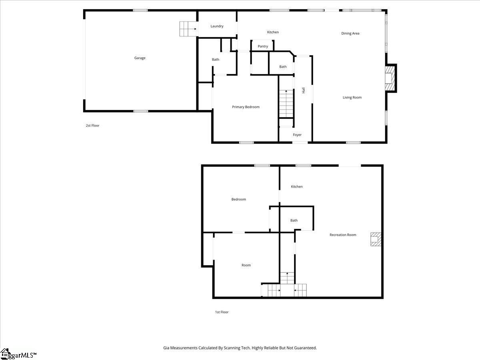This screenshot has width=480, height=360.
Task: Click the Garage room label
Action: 140,58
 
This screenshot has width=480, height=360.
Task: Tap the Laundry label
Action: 217,26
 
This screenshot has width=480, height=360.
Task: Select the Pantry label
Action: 263,46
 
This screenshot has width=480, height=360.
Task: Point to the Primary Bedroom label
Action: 246,107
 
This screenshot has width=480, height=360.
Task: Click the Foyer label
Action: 297,135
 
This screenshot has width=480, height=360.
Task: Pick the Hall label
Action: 304,90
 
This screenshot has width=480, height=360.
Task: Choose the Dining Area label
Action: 350,34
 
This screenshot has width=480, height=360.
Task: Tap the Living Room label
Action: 352,98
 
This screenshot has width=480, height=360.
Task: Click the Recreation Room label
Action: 343,235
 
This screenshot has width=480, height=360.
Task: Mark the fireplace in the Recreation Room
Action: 375,239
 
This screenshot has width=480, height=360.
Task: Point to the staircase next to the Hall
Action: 286,104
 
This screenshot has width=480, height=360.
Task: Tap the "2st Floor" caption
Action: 92,126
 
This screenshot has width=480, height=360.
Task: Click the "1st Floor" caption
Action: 222,312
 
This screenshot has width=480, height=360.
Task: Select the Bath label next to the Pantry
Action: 283,67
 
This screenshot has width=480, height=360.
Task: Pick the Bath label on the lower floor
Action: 294,220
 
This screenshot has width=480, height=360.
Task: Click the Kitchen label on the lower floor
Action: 297,187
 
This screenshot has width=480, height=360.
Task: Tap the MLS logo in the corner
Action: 18,354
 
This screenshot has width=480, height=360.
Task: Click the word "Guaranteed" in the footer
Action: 304,348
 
